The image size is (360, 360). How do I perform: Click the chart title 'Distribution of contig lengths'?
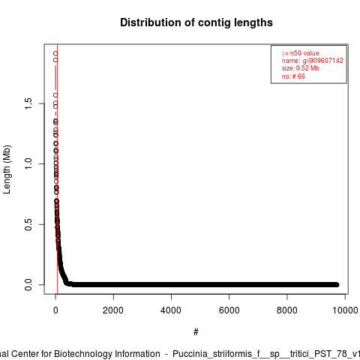pos(196,22)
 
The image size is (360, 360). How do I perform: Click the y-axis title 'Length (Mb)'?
pos(7,169)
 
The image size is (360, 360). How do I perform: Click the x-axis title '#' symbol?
pos(196,332)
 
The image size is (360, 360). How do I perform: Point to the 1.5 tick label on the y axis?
pos(28,103)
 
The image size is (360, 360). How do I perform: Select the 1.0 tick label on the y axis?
pos(28,163)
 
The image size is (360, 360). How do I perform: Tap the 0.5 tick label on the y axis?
pos(28,224)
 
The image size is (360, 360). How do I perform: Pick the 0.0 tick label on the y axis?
pos(28,285)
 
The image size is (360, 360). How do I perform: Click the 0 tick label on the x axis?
pos(55,310)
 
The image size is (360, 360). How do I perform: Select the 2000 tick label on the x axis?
pos(113,310)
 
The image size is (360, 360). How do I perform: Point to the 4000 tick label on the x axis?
pos(171,310)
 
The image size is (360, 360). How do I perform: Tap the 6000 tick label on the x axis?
pos(229,310)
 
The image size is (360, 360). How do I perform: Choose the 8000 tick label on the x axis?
pos(287,310)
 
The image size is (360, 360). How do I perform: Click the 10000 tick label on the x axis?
pos(345,310)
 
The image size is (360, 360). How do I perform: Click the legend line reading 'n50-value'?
pos(301,53)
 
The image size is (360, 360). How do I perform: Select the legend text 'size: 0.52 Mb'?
pos(301,68)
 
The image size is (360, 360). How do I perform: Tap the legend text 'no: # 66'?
pos(293,76)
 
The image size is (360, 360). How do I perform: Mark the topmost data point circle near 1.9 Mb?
pos(55,53)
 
